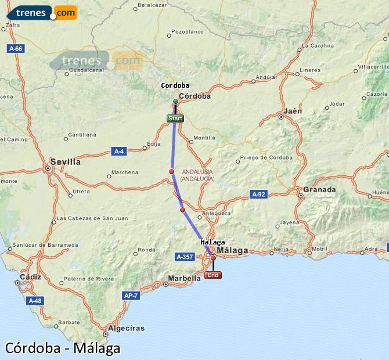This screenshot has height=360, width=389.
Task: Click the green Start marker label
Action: pos(175,118)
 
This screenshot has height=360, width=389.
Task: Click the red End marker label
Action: pos(213,275)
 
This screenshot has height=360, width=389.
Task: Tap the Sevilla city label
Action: pos(65,162)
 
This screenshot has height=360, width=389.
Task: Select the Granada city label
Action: pos(319,189)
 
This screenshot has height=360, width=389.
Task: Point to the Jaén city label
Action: pos(293,111)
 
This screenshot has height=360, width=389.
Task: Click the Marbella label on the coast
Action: pos(184,278)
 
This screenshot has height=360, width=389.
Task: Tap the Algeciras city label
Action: pos(127,328)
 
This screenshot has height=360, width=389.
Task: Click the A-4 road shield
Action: pos(118,152)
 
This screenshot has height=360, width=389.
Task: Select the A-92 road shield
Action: pos(258,194)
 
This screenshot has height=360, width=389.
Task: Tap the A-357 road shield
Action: pos(185,256)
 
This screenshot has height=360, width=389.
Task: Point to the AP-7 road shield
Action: pos(131,296)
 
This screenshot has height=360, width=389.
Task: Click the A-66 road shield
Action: pos(16,49)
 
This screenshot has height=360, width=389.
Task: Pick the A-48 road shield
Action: pos(34,301)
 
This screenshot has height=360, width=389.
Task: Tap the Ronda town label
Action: pos(146,250)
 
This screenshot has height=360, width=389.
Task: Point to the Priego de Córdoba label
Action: pos(266,157)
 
